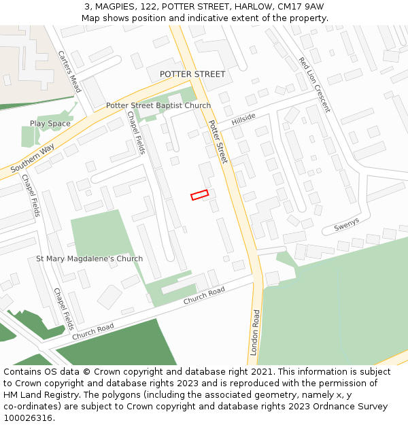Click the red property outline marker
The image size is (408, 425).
(199, 195)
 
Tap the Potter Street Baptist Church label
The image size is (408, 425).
(158, 106)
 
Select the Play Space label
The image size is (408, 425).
(50, 124)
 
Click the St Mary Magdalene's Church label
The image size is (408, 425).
(90, 259)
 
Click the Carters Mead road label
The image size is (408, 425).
(69, 71)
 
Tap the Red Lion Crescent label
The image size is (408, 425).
(314, 84)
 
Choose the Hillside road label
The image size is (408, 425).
(243, 119)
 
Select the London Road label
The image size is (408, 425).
(255, 333)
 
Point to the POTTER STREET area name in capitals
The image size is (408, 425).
(192, 74)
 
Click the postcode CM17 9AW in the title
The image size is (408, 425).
(301, 6)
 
